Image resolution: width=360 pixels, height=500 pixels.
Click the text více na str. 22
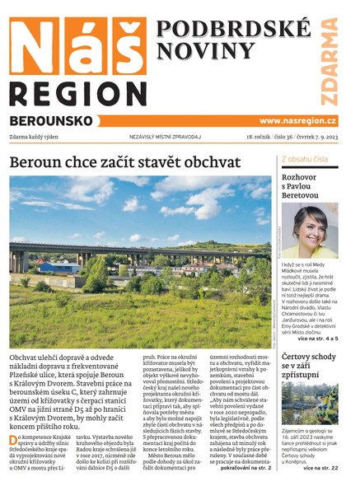(x=320, y=468)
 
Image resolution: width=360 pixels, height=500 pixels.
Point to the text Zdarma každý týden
(x=40, y=137)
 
